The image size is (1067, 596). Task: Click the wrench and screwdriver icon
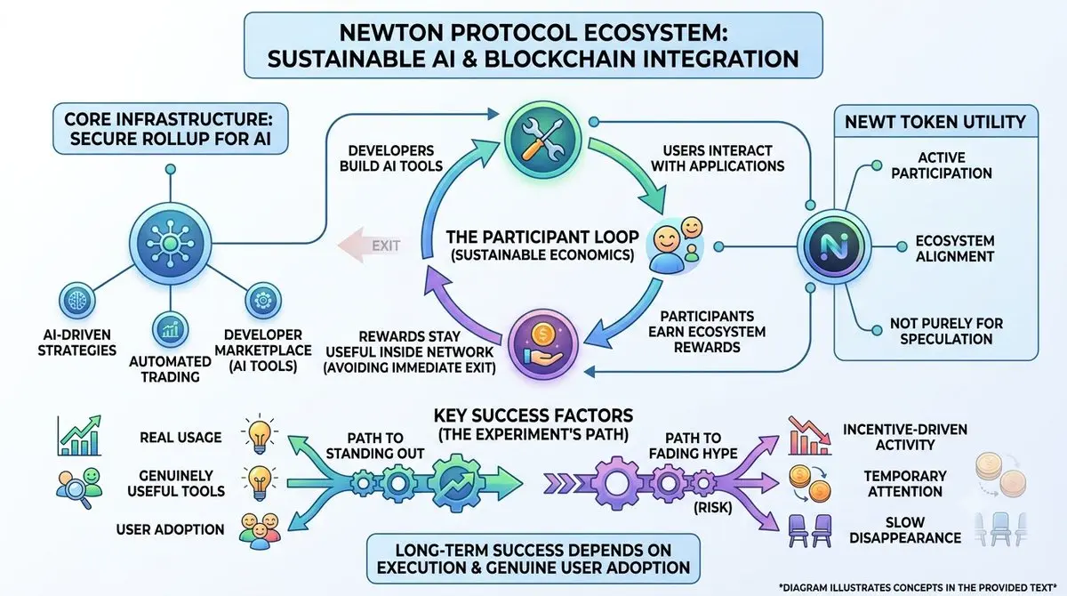click(542, 140)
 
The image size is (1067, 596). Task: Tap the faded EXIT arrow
click(370, 246)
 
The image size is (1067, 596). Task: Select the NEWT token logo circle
click(834, 246)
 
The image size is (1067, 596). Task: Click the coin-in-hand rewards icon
click(542, 344)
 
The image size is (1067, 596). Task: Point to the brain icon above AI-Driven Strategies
click(76, 301)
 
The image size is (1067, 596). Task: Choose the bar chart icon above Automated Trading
click(170, 329)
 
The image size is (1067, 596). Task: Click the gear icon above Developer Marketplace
click(263, 301)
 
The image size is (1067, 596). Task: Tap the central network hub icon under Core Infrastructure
click(170, 244)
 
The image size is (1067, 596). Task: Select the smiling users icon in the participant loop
click(675, 246)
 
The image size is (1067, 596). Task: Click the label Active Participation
click(942, 165)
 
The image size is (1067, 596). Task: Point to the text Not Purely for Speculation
click(946, 331)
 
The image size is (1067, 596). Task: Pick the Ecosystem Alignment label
click(955, 248)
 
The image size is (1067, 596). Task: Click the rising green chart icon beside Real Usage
click(79, 436)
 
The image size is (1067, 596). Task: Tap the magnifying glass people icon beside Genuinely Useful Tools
click(78, 487)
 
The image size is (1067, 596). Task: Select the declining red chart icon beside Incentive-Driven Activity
click(810, 436)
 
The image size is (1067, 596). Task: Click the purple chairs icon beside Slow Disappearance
click(810, 530)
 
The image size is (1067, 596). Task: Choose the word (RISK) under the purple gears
click(712, 508)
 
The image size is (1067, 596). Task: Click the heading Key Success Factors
click(533, 415)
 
